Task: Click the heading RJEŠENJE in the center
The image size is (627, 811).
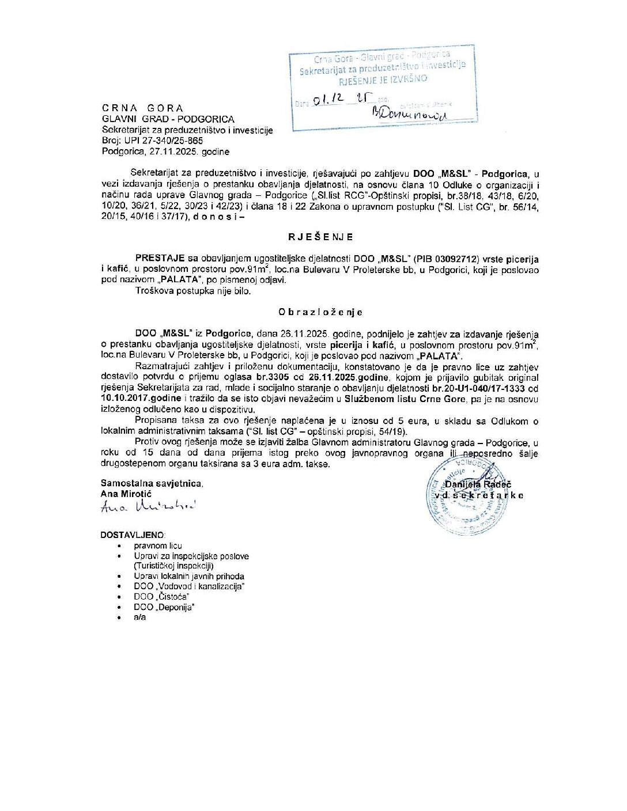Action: pyautogui.click(x=320, y=237)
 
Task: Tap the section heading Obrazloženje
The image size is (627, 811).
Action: pyautogui.click(x=320, y=312)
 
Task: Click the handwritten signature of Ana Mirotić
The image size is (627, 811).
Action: pyautogui.click(x=148, y=506)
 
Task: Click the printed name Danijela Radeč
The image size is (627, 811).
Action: pyautogui.click(x=478, y=485)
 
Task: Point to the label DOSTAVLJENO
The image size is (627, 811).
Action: pyautogui.click(x=133, y=535)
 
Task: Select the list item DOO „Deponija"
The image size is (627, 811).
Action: pyautogui.click(x=164, y=607)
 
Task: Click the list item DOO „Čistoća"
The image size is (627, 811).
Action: pyautogui.click(x=161, y=597)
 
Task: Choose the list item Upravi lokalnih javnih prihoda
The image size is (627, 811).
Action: pyautogui.click(x=189, y=576)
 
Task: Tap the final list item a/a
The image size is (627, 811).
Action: pyautogui.click(x=140, y=617)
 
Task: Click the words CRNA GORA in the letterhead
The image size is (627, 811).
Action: pyautogui.click(x=143, y=108)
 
